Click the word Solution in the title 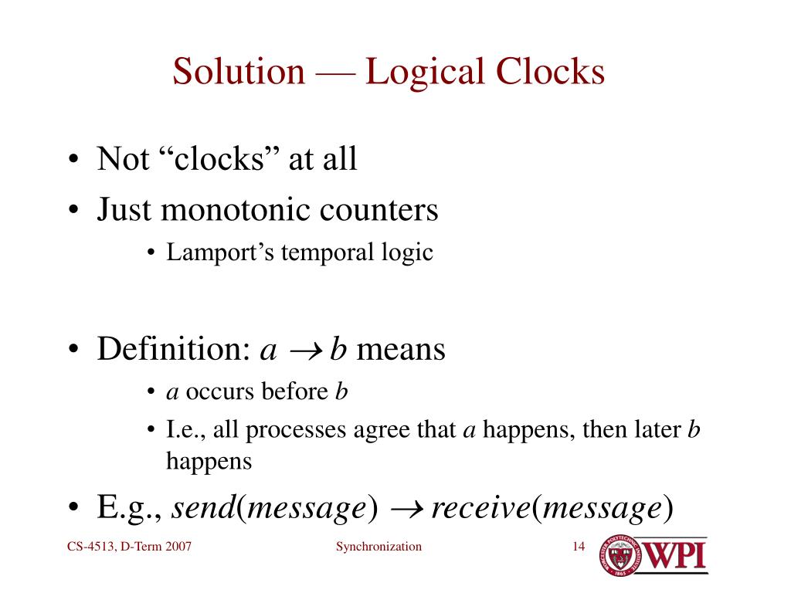coord(239,72)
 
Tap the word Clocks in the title coord(549,72)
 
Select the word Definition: coord(170,349)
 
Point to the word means coord(401,349)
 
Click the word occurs coord(220,391)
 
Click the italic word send coord(202,508)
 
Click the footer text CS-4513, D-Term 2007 coord(129,547)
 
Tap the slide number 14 coord(578,547)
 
